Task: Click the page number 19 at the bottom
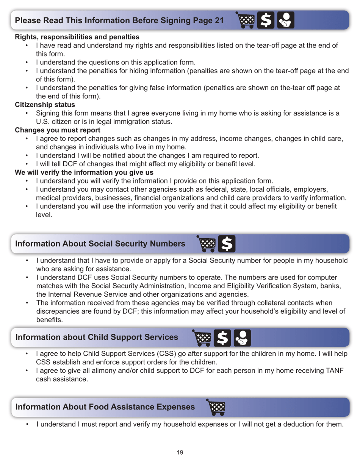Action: pos(180,452)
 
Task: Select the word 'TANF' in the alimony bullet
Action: pos(334,371)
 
